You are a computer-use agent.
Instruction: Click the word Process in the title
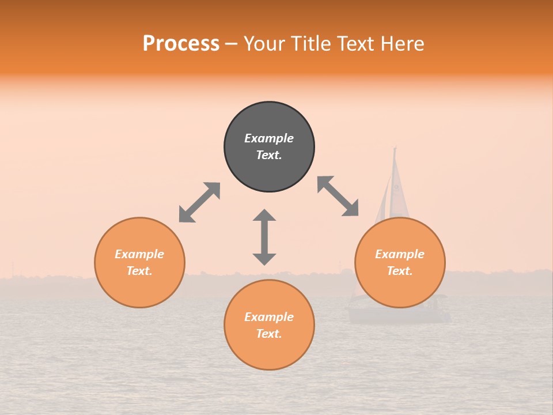[181, 44]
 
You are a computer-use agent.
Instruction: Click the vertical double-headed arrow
[264, 237]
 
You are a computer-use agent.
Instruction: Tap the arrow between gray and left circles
[199, 202]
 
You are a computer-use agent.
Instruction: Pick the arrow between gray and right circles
[338, 196]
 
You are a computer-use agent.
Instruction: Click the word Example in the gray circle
[269, 138]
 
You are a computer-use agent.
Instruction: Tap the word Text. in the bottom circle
[269, 334]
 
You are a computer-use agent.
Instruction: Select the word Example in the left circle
[139, 254]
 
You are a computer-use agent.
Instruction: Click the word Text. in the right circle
[400, 271]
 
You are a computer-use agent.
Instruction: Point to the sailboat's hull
[397, 314]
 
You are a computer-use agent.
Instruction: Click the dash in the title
[232, 44]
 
